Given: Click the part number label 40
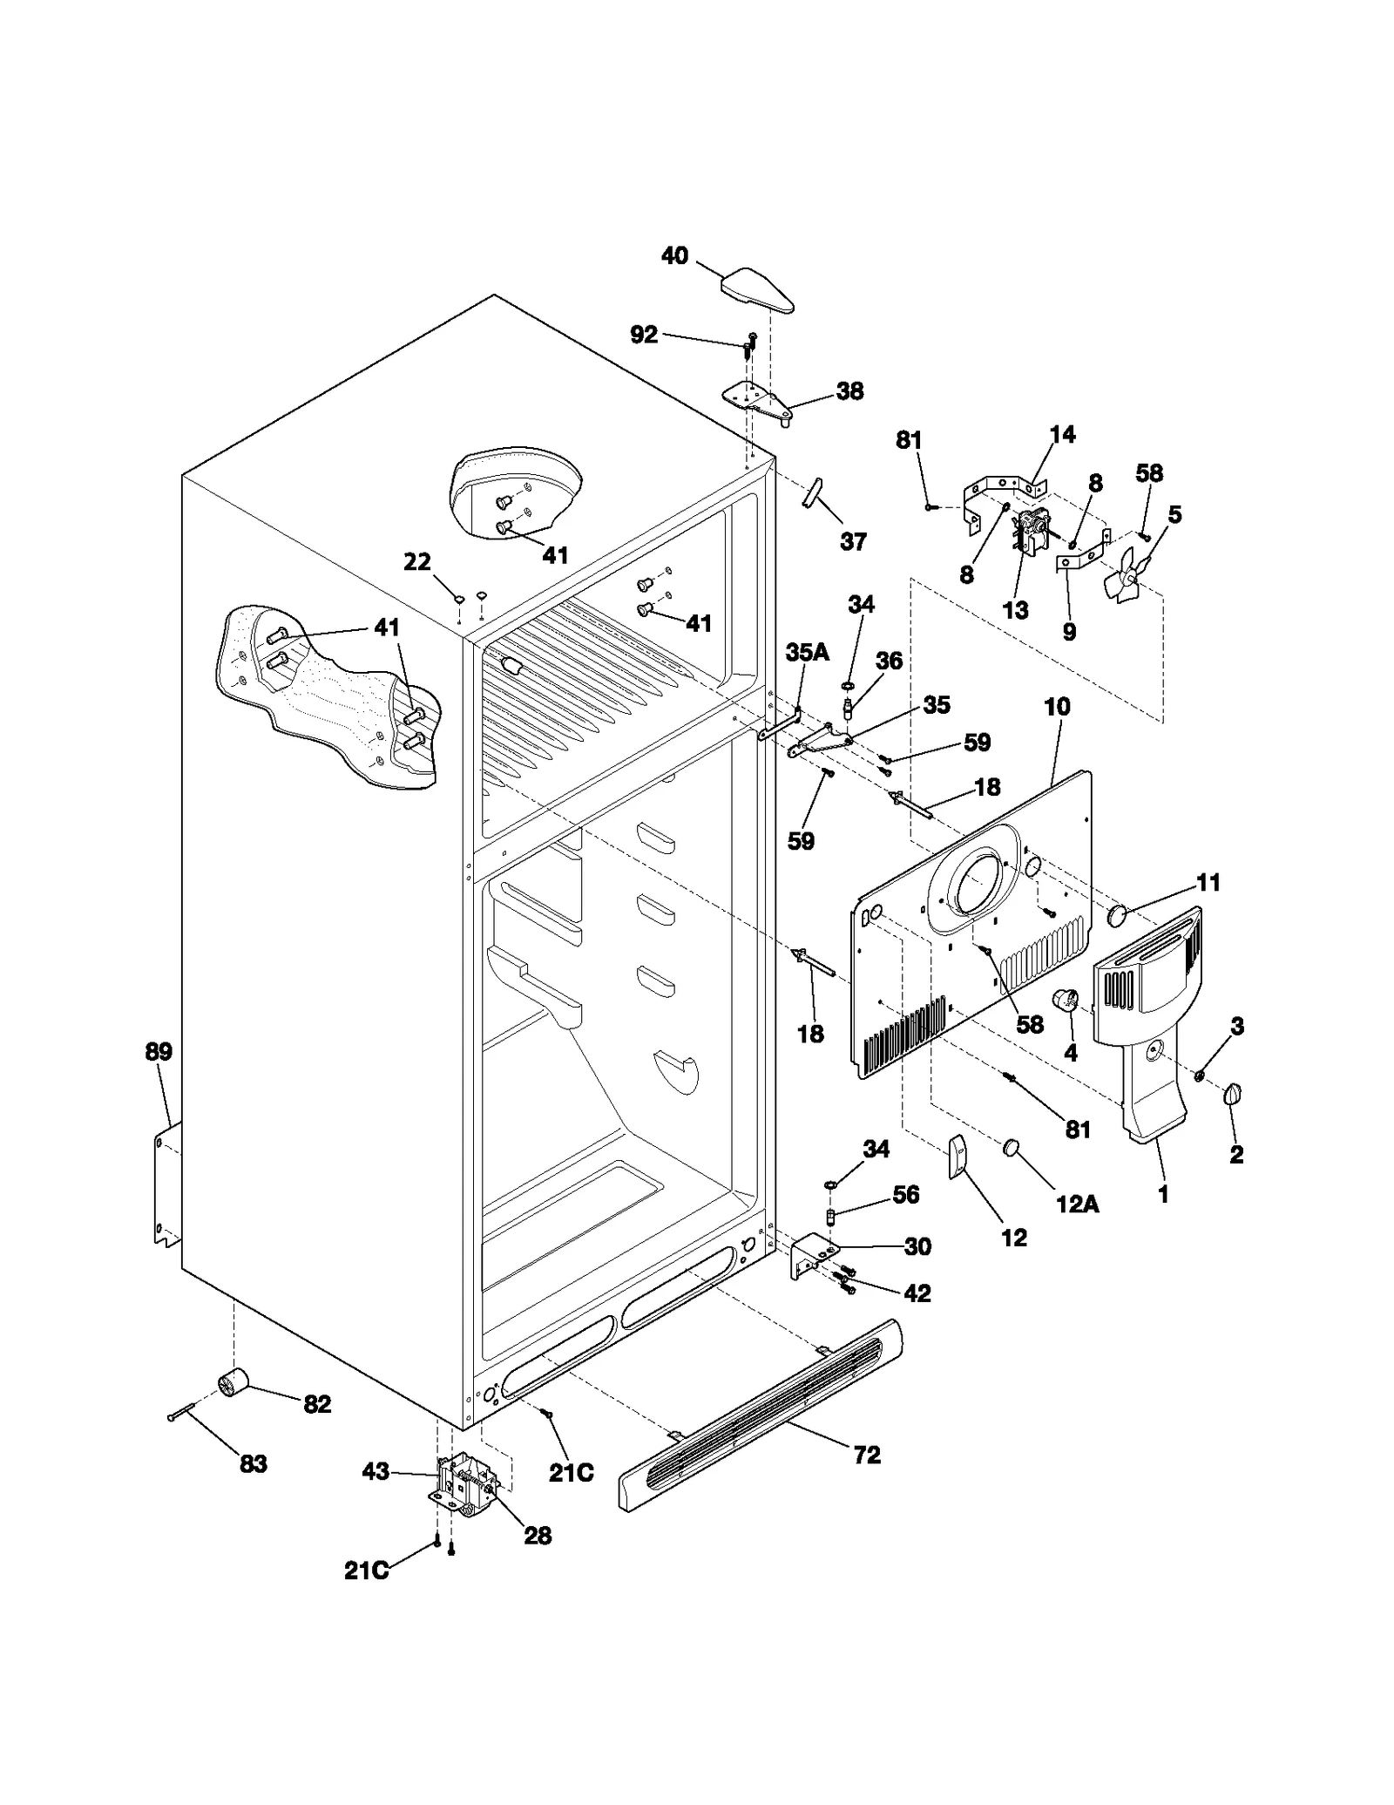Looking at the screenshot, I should (674, 256).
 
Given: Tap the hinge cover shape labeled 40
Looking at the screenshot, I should (756, 290).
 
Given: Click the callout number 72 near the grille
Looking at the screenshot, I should (867, 1455).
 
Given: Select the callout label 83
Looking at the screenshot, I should (253, 1464).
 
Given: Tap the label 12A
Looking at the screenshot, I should (1077, 1204).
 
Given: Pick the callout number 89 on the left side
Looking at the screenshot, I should (159, 1052).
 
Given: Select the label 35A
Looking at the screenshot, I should (807, 652).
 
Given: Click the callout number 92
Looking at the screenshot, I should (644, 335).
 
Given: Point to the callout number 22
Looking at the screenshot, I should (417, 562).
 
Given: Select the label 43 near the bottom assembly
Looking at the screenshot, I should (376, 1472).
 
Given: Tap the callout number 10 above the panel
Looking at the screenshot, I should (1057, 707).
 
